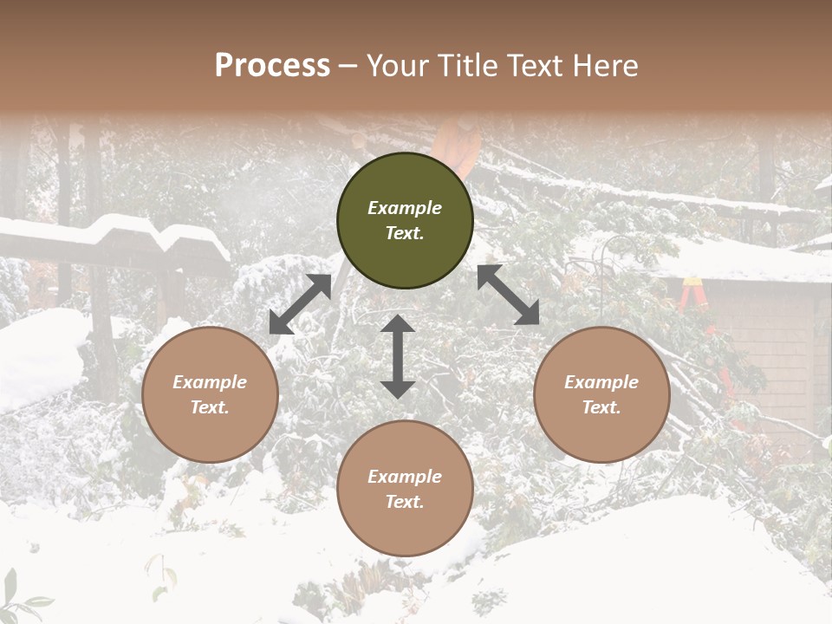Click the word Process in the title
pyautogui.click(x=272, y=66)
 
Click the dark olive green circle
pyautogui.click(x=405, y=220)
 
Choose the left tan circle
pyautogui.click(x=210, y=394)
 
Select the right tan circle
pyautogui.click(x=601, y=394)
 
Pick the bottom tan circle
pyautogui.click(x=405, y=488)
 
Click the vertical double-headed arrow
pyautogui.click(x=398, y=356)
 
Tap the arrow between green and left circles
pyautogui.click(x=300, y=304)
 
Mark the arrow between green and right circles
pyautogui.click(x=508, y=295)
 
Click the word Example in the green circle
pyautogui.click(x=405, y=208)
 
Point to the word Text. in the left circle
pyautogui.click(x=210, y=407)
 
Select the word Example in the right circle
pyautogui.click(x=601, y=382)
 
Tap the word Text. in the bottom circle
pyautogui.click(x=405, y=502)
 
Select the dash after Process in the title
pyautogui.click(x=348, y=66)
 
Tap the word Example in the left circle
pyautogui.click(x=210, y=382)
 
